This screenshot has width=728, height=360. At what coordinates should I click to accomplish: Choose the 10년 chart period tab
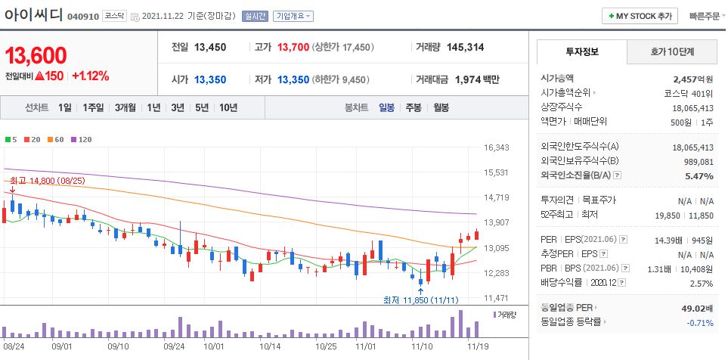click(228, 107)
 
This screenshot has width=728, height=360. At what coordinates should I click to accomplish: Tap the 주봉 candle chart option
click(413, 107)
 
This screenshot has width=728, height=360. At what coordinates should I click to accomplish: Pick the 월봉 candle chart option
click(441, 107)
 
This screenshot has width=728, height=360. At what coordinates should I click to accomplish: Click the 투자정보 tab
click(581, 51)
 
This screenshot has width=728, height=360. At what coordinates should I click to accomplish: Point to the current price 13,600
click(36, 55)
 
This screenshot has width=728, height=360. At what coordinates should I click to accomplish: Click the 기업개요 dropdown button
click(293, 16)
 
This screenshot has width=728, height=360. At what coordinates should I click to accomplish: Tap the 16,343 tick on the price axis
click(496, 147)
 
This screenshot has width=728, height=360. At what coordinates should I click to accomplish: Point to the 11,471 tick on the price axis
click(496, 298)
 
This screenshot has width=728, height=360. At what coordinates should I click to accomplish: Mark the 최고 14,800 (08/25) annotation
click(42, 180)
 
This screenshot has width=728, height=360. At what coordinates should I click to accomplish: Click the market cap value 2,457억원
click(693, 79)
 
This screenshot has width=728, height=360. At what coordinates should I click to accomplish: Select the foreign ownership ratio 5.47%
click(699, 176)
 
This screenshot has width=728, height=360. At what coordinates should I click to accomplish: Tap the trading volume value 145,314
click(465, 47)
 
